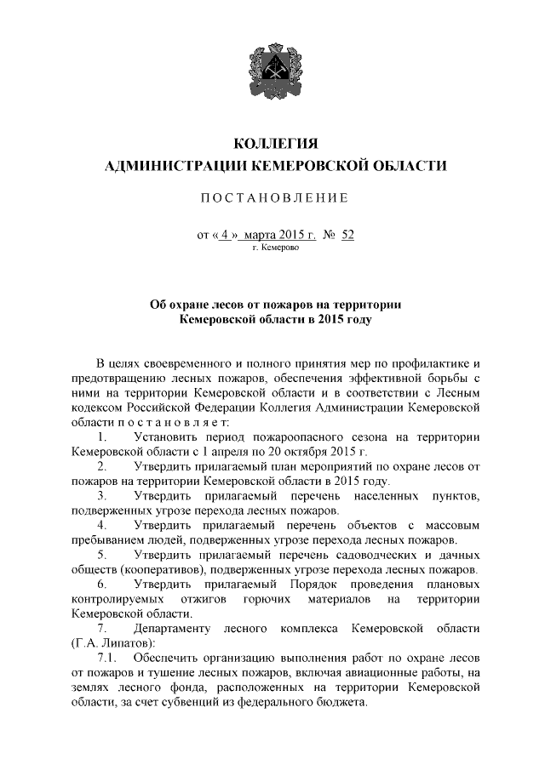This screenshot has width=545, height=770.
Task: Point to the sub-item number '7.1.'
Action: pyautogui.click(x=106, y=659)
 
